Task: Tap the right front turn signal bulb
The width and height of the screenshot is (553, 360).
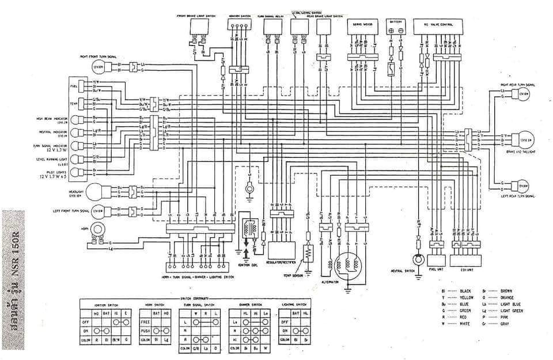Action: (x=99, y=67)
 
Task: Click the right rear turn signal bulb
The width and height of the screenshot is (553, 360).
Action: (x=522, y=94)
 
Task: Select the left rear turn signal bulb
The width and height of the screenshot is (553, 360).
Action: (x=522, y=186)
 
